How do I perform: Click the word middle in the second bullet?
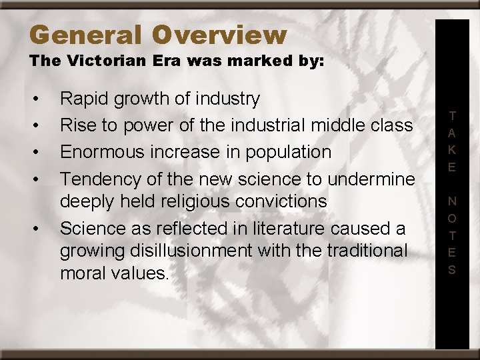pos(341,125)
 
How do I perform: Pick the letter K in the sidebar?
pos(452,150)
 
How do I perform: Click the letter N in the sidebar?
pos(452,201)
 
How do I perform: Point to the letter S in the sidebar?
pos(452,270)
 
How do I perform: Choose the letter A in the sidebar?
pos(452,133)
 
